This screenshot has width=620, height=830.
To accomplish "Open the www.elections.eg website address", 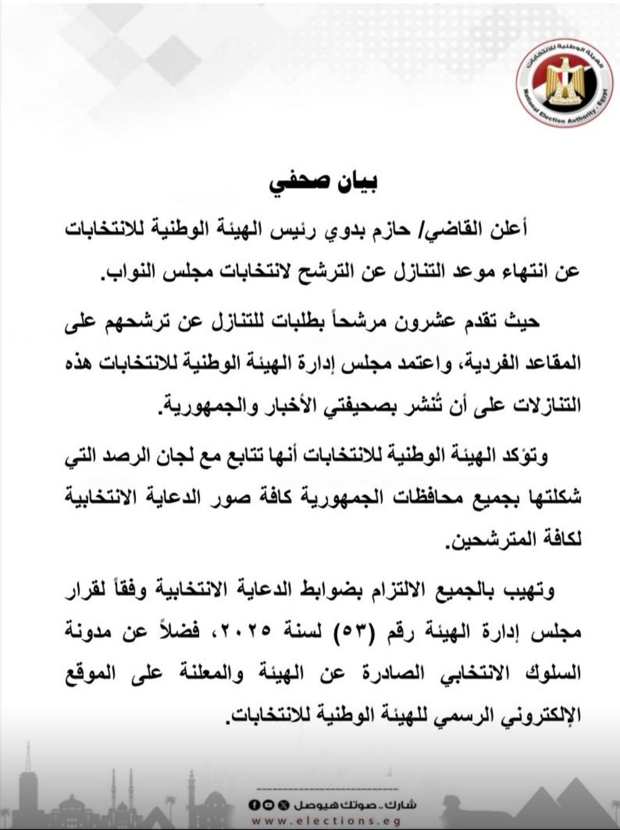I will (x=326, y=821).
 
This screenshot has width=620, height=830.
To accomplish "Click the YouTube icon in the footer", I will (x=263, y=805).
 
